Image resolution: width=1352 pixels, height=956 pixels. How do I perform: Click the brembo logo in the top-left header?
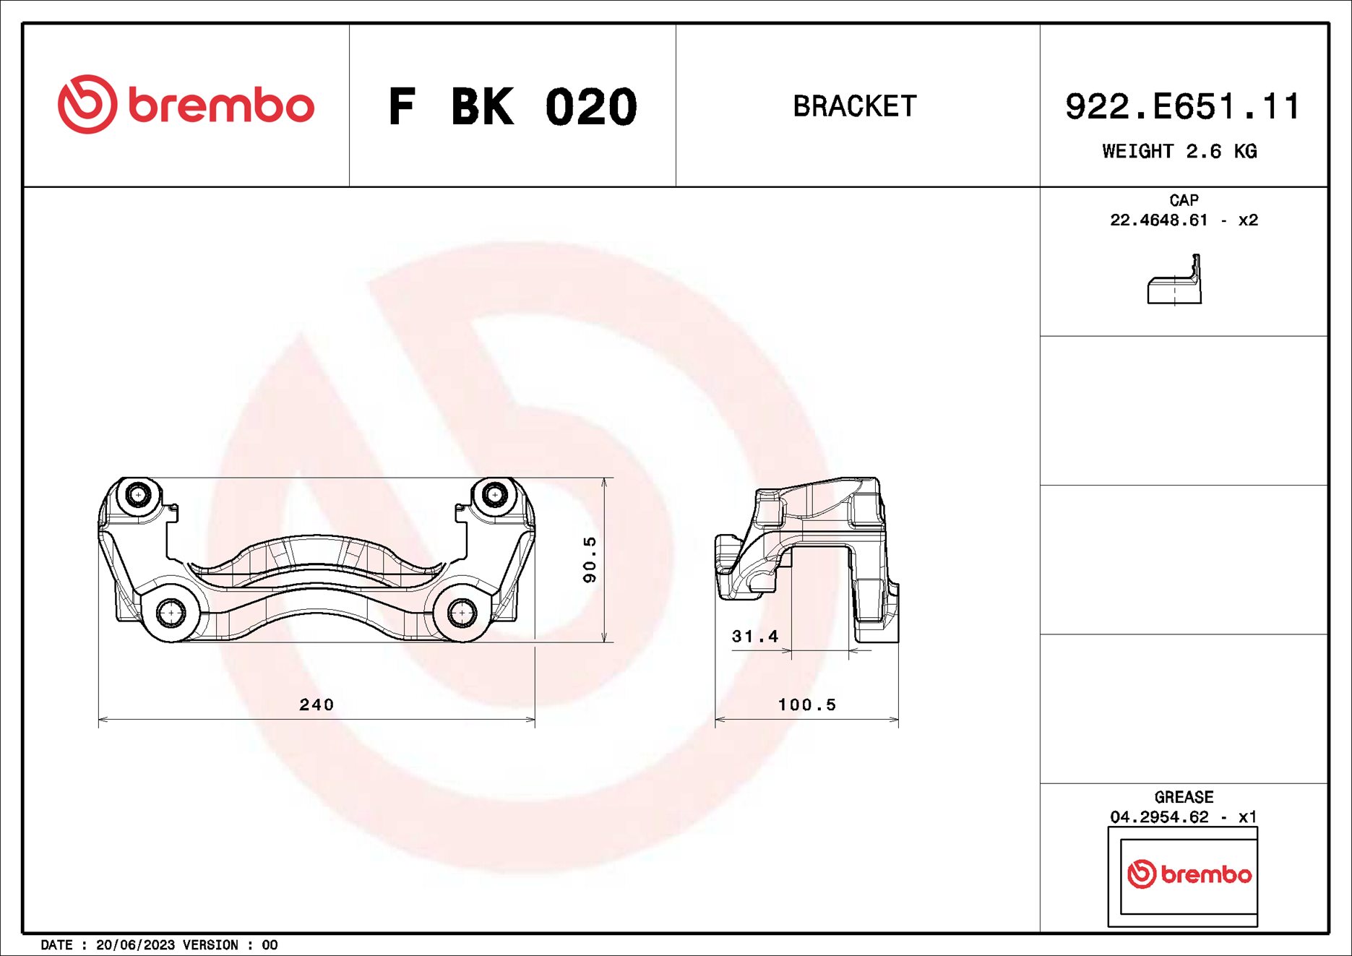(x=186, y=105)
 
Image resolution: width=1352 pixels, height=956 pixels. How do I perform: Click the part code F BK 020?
(x=512, y=107)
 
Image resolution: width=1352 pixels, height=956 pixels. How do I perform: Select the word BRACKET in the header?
(x=855, y=106)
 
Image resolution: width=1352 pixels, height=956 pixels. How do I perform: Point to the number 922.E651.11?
(x=1182, y=107)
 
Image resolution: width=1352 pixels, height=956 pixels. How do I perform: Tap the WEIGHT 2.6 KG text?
(x=1179, y=151)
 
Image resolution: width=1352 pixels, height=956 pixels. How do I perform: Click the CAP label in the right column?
(x=1184, y=200)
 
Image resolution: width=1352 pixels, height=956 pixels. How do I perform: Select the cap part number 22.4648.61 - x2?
(x=1184, y=220)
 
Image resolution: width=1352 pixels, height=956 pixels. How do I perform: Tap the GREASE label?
(x=1184, y=797)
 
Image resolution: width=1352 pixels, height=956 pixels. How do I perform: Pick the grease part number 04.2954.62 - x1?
(x=1184, y=817)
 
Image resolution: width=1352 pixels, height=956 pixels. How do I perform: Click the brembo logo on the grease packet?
(x=1189, y=874)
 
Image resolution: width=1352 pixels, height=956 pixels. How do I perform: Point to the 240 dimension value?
(x=317, y=705)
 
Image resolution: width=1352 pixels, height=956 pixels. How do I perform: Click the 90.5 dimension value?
(x=590, y=559)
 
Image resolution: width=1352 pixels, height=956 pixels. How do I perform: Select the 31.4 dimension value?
(x=754, y=637)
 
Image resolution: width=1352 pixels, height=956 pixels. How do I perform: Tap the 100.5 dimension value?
(x=806, y=705)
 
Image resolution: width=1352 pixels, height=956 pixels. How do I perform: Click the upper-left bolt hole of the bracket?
(x=137, y=495)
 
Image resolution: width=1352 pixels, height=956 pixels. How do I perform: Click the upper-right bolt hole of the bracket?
(x=494, y=495)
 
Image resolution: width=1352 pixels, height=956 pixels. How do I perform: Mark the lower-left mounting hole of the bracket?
(x=171, y=613)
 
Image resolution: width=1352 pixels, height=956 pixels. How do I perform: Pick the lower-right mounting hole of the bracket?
(x=461, y=613)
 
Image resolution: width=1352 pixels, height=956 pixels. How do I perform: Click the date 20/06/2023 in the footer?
(x=135, y=945)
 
